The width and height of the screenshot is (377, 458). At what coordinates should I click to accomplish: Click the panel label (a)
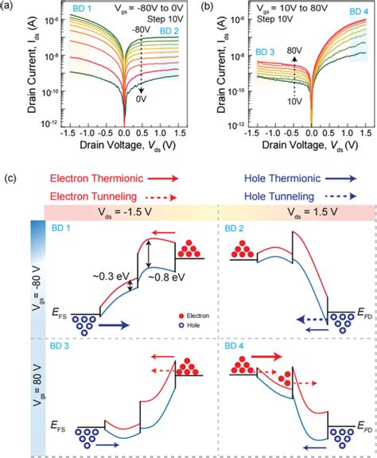(9, 7)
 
